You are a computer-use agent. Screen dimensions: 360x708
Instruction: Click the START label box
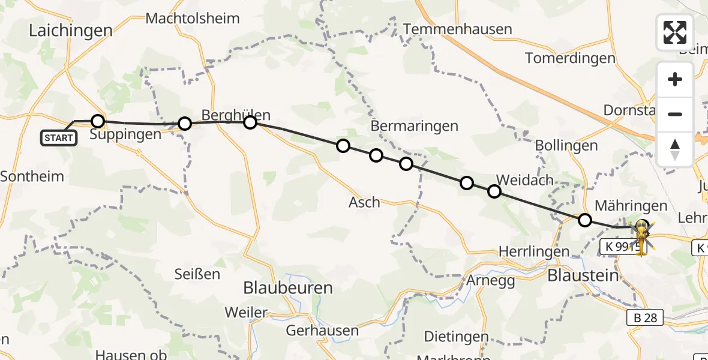tap(59, 138)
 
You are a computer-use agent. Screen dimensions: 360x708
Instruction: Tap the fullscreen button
tap(675, 32)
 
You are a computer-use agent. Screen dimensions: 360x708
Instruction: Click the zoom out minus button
tap(675, 114)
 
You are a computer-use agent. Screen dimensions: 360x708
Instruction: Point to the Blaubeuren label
tap(288, 288)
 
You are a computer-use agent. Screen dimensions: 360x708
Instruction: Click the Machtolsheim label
tap(193, 19)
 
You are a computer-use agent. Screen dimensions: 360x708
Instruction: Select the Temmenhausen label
tap(458, 29)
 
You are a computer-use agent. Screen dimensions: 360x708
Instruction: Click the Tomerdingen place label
tap(570, 58)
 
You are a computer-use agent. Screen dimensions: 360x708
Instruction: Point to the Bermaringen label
tap(414, 126)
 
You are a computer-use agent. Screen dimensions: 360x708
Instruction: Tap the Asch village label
tap(364, 202)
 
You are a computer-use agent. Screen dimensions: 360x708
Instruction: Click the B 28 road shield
tap(646, 318)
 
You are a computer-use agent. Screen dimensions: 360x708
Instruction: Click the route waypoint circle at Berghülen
tap(250, 122)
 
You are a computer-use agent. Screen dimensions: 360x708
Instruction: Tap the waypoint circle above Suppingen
tap(98, 121)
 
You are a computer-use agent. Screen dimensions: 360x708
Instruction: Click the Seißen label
tap(197, 274)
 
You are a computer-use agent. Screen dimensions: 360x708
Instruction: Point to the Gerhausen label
tap(322, 331)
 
